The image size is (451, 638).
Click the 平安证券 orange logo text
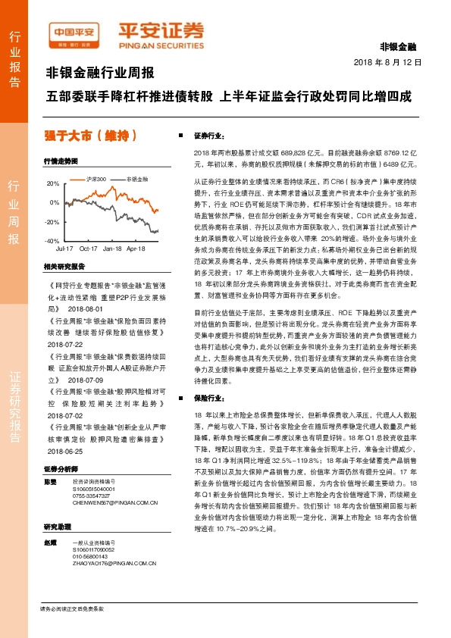[x=160, y=32]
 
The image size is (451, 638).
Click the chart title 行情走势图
[x=61, y=161]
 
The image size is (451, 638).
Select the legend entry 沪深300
[x=97, y=179]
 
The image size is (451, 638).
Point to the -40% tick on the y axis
[x=52, y=241]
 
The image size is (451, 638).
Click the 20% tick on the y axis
[x=53, y=184]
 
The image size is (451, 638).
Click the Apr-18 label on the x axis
[x=136, y=249]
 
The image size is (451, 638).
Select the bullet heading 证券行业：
[x=209, y=136]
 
